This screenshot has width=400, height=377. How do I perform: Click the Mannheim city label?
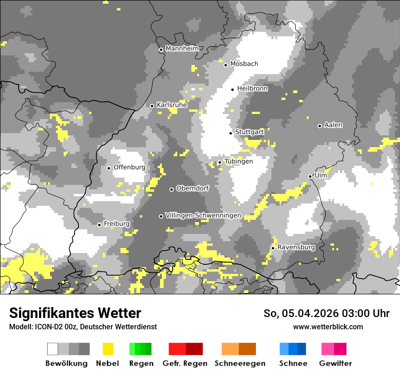tap(182, 49)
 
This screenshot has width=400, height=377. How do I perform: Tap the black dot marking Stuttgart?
tap(231, 133)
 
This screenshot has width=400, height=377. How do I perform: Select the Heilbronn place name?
tap(252, 89)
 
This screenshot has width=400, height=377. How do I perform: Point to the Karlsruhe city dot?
tap(152, 106)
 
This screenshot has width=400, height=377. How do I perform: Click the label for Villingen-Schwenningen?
tap(203, 215)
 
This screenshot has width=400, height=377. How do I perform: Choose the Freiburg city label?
tap(116, 224)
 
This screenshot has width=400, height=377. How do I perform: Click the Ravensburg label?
tap(296, 247)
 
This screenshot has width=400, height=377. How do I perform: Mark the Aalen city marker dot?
tap(320, 126)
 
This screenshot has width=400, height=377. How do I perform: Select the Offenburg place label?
tap(129, 167)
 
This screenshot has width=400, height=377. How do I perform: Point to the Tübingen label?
tap(238, 161)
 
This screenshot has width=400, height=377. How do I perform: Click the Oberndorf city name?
tap(192, 188)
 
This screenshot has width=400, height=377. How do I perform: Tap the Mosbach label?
tap(244, 64)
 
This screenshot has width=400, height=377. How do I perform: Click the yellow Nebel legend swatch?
tap(108, 349)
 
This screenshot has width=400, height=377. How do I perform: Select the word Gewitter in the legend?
tap(335, 363)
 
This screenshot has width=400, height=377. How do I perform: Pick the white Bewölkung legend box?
tap(53, 349)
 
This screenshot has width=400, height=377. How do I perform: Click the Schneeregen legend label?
tap(240, 363)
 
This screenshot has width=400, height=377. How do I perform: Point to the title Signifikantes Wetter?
tap(75, 313)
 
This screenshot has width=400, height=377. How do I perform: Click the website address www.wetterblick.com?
tap(328, 327)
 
